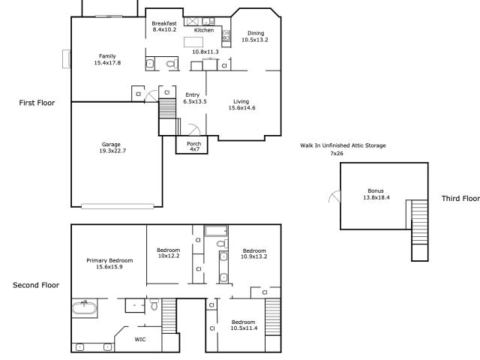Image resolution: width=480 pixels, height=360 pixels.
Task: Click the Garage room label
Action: pyautogui.click(x=111, y=144)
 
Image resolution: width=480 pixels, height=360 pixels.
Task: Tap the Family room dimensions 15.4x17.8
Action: pyautogui.click(x=107, y=63)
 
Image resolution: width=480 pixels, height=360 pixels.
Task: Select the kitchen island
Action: pyautogui.click(x=193, y=42)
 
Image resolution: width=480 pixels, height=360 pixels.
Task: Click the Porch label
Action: pyautogui.click(x=194, y=143)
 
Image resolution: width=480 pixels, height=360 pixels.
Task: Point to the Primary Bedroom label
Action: pyautogui.click(x=109, y=260)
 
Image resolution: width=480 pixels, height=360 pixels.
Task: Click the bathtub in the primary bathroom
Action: pyautogui.click(x=84, y=307)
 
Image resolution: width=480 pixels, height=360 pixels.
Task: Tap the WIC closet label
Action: pyautogui.click(x=140, y=339)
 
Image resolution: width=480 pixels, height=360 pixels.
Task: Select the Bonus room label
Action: pyautogui.click(x=376, y=190)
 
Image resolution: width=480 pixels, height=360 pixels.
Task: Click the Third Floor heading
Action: pyautogui.click(x=460, y=198)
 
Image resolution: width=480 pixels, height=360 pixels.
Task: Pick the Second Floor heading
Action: pyautogui.click(x=36, y=285)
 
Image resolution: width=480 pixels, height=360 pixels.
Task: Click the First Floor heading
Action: pyautogui.click(x=37, y=103)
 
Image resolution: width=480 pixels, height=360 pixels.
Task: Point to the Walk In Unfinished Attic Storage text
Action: pyautogui.click(x=343, y=145)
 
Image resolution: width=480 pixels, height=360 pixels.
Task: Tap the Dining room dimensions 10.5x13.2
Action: pyautogui.click(x=255, y=40)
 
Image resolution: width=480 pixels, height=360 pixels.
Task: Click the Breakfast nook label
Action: pyautogui.click(x=164, y=23)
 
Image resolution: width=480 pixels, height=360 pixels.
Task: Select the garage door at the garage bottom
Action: pyautogui.click(x=118, y=206)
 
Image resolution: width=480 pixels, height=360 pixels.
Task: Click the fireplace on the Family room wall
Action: pyautogui.click(x=67, y=58)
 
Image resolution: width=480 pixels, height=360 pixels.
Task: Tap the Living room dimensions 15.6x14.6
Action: pyautogui.click(x=241, y=108)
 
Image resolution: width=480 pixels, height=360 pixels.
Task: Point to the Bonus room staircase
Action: pyautogui.click(x=420, y=230)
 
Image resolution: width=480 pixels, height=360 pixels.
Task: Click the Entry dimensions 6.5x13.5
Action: pyautogui.click(x=195, y=101)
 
